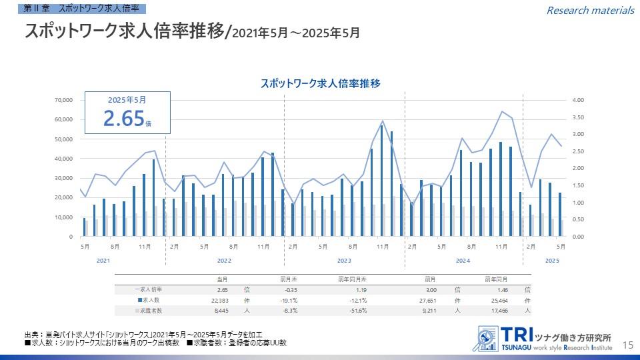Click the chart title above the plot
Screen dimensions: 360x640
(320, 83)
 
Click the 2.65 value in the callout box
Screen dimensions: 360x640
(124, 118)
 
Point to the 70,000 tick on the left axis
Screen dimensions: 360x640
(63, 100)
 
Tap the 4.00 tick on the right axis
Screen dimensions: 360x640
(578, 100)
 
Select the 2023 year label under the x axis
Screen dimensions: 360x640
(344, 260)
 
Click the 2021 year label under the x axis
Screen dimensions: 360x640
(103, 260)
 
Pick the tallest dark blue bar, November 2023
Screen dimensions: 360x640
(381, 180)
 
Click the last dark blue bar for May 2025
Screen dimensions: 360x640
(560, 214)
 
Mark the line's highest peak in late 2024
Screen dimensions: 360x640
(502, 111)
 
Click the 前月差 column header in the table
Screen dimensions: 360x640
(288, 279)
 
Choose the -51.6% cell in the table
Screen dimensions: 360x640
(357, 311)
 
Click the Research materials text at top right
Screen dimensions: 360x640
(590, 10)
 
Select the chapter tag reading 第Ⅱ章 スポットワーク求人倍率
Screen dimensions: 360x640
(81, 9)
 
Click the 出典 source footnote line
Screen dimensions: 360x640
(143, 334)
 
